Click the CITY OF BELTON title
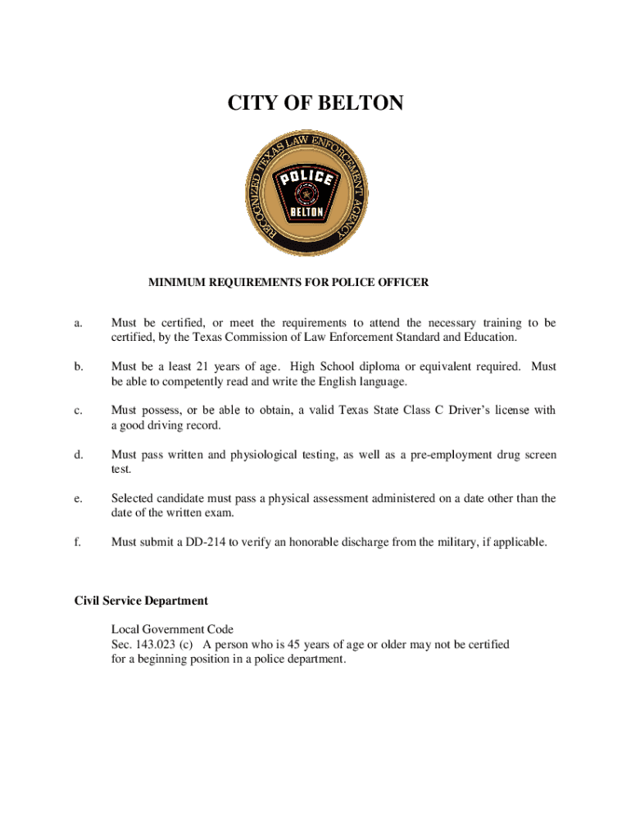(315, 103)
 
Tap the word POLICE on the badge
(306, 179)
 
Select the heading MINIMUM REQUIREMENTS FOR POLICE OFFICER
(288, 283)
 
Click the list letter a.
(78, 324)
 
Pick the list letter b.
(79, 367)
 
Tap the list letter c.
(78, 410)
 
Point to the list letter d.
(79, 455)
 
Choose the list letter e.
(78, 498)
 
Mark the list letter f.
(78, 542)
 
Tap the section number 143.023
(155, 644)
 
